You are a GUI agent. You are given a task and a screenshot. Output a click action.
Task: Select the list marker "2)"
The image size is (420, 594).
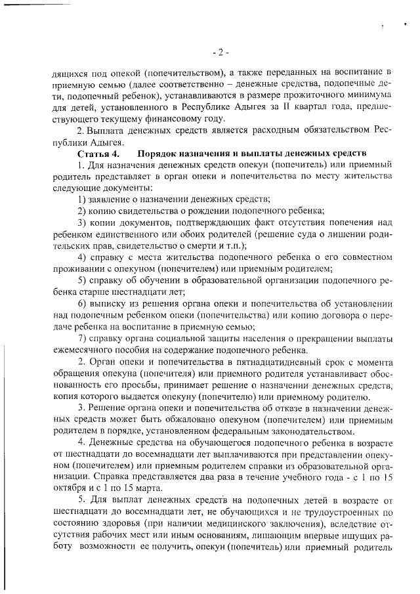click(82, 210)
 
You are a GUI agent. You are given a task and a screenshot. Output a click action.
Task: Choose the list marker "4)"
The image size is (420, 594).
click(82, 257)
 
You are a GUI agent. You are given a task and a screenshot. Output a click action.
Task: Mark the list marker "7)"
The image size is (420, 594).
click(82, 338)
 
